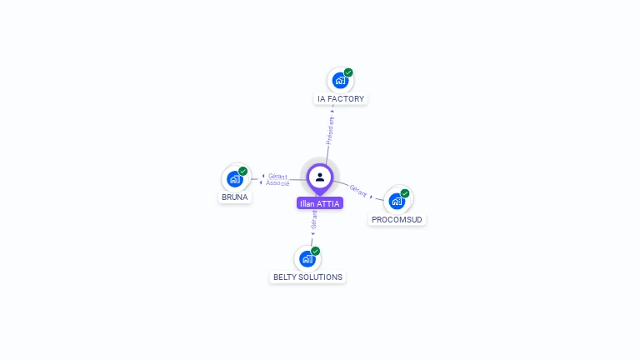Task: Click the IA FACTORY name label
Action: [x=341, y=99]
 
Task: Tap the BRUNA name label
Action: [x=234, y=197]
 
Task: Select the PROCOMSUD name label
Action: [x=397, y=220]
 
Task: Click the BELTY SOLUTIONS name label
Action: [x=307, y=277]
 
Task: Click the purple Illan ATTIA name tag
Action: [x=319, y=203]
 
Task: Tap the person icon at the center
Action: [x=320, y=177]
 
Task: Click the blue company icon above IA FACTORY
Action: [x=339, y=80]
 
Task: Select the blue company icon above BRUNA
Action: [x=235, y=178]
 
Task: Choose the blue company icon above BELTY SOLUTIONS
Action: [x=307, y=258]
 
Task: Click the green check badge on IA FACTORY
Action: [x=348, y=72]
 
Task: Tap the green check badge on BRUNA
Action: [x=243, y=171]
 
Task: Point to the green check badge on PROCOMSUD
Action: [x=405, y=193]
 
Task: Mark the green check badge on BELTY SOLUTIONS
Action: [x=316, y=251]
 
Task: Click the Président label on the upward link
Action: [x=330, y=131]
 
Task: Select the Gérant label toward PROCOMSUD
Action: [x=358, y=190]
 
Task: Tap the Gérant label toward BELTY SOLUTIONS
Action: [x=313, y=220]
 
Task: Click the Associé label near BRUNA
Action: [x=278, y=182]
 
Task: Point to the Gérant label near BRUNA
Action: [x=277, y=176]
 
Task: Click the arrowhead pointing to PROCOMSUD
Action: [x=372, y=196]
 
